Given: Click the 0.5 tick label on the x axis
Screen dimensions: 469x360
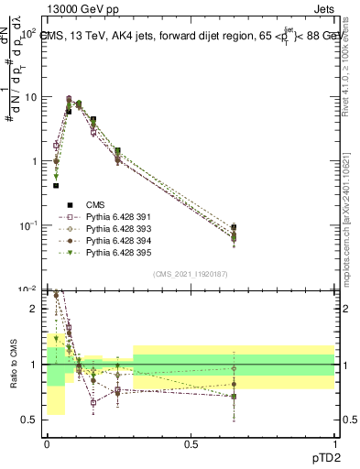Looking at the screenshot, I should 191,442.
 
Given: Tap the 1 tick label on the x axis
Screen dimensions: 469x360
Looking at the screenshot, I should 334,442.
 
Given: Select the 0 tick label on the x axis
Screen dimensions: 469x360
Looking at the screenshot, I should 47,442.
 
